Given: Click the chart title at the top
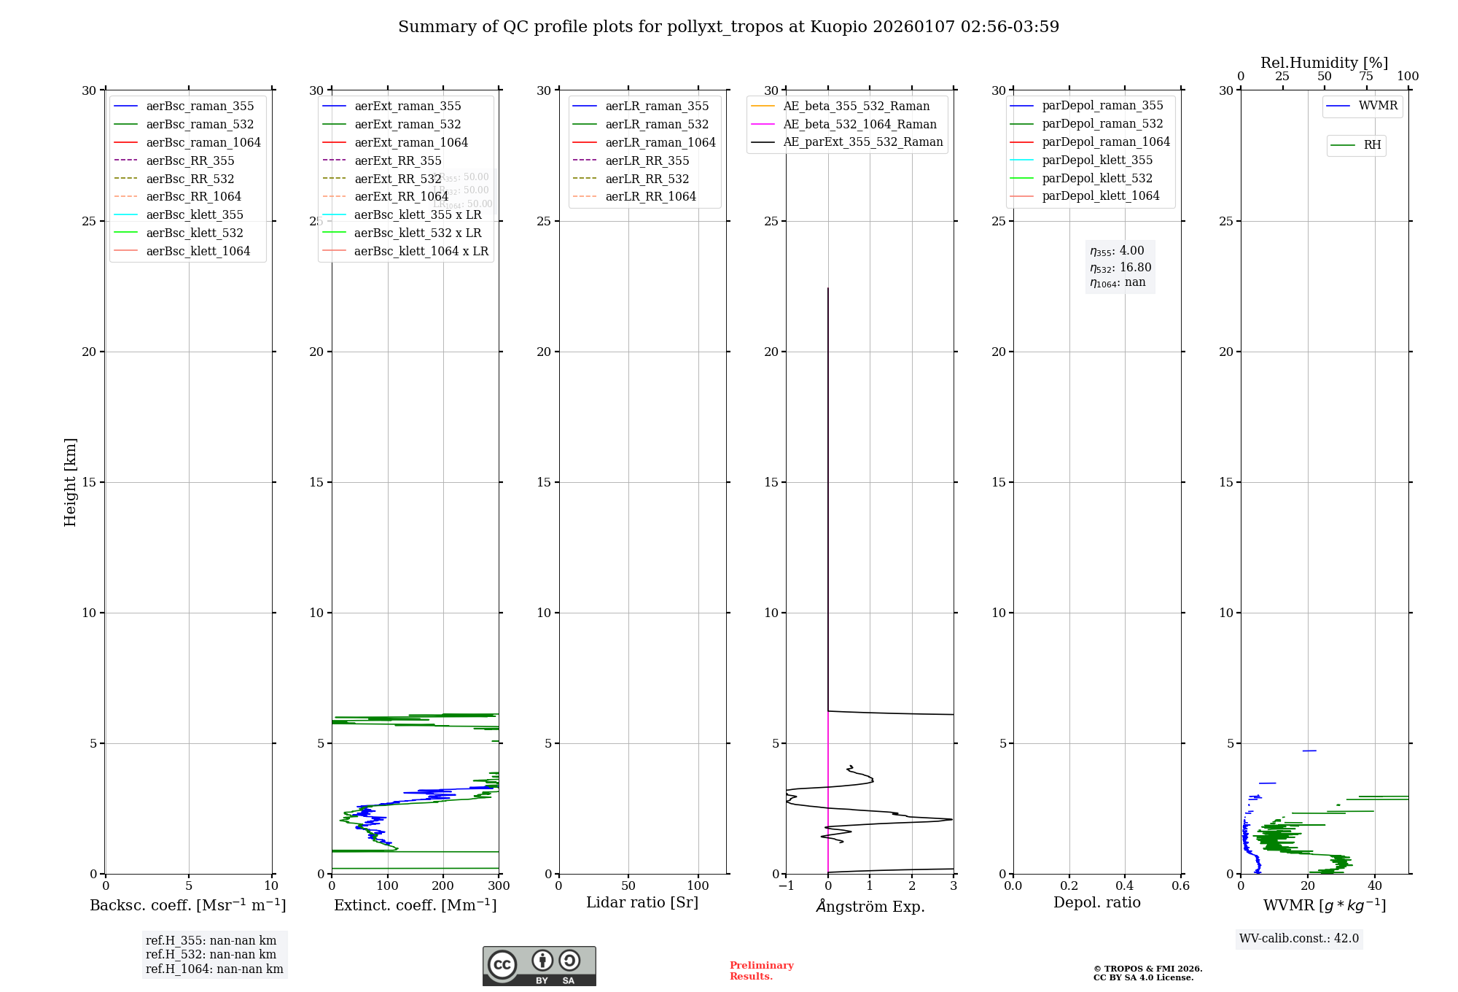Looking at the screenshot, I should coord(728,27).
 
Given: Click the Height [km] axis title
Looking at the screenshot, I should coord(70,482).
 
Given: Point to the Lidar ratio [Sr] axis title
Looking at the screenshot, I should coord(642,902).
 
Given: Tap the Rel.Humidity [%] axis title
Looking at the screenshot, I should coord(1324,63).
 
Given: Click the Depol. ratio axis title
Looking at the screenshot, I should coord(1097,902).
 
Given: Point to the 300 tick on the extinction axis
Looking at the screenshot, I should coord(499,886).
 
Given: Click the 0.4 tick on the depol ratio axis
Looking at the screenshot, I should coord(1125,886).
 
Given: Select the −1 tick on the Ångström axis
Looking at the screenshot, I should coord(786,886).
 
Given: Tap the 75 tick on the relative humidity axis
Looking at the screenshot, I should coord(1366,77).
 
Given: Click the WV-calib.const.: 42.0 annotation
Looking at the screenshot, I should coord(1299,939).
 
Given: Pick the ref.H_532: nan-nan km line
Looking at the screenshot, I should coord(211,954).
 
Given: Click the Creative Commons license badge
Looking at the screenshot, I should coord(539,966).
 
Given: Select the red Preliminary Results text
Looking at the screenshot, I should coord(761,971).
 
